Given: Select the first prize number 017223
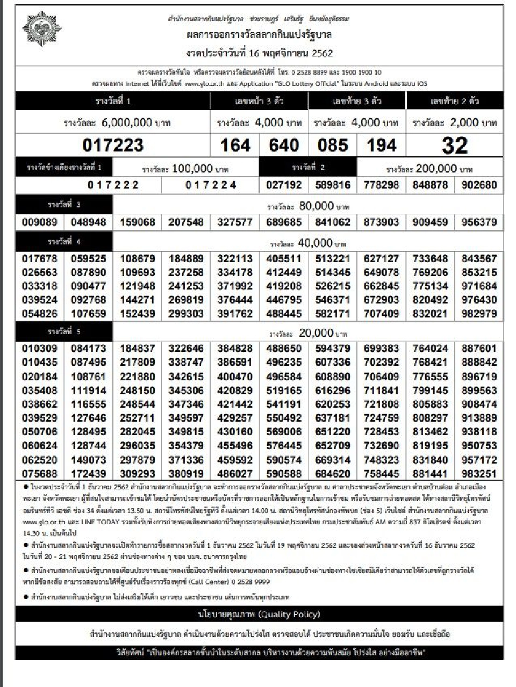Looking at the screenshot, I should [x=113, y=145].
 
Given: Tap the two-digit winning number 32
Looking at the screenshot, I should [x=455, y=145].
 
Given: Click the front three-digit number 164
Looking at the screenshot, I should [x=235, y=145].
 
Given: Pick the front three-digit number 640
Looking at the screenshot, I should [x=283, y=145].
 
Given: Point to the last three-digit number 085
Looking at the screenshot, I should [x=333, y=145].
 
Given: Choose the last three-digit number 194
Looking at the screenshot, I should [x=381, y=145].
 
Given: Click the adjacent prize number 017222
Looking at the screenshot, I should [x=113, y=185].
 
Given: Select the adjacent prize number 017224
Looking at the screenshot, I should [x=211, y=185].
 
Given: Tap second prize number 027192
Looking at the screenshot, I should [x=284, y=185].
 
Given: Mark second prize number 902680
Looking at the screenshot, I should [x=479, y=185].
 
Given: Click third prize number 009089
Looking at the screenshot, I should [x=40, y=222].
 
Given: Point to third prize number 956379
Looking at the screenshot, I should [x=479, y=222].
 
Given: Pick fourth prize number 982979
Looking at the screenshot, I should [x=479, y=313].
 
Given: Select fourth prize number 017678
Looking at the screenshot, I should [x=40, y=258].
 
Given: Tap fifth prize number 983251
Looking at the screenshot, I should [x=479, y=473].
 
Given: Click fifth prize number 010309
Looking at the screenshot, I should [x=40, y=348].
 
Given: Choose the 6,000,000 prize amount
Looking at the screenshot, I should [x=127, y=122].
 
